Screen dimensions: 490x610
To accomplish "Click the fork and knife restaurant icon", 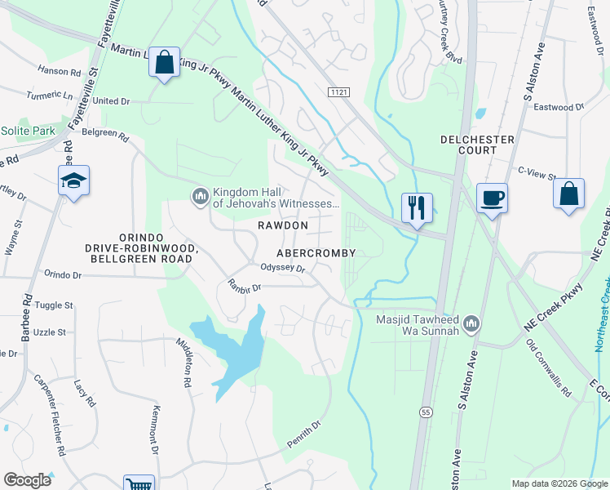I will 417,207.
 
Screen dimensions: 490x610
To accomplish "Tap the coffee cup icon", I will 492,198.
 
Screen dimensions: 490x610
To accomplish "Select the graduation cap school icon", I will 73,181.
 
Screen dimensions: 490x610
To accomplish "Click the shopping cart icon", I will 139,483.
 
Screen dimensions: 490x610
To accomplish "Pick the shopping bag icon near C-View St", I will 568,194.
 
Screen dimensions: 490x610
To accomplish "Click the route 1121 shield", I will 340,93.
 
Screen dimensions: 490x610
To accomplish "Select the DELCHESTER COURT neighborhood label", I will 477,145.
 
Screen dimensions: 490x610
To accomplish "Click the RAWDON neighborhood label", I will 283,225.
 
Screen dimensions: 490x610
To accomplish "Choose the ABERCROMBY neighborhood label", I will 316,253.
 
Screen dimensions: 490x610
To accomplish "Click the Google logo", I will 28,480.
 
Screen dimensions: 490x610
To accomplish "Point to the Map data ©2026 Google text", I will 558,483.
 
